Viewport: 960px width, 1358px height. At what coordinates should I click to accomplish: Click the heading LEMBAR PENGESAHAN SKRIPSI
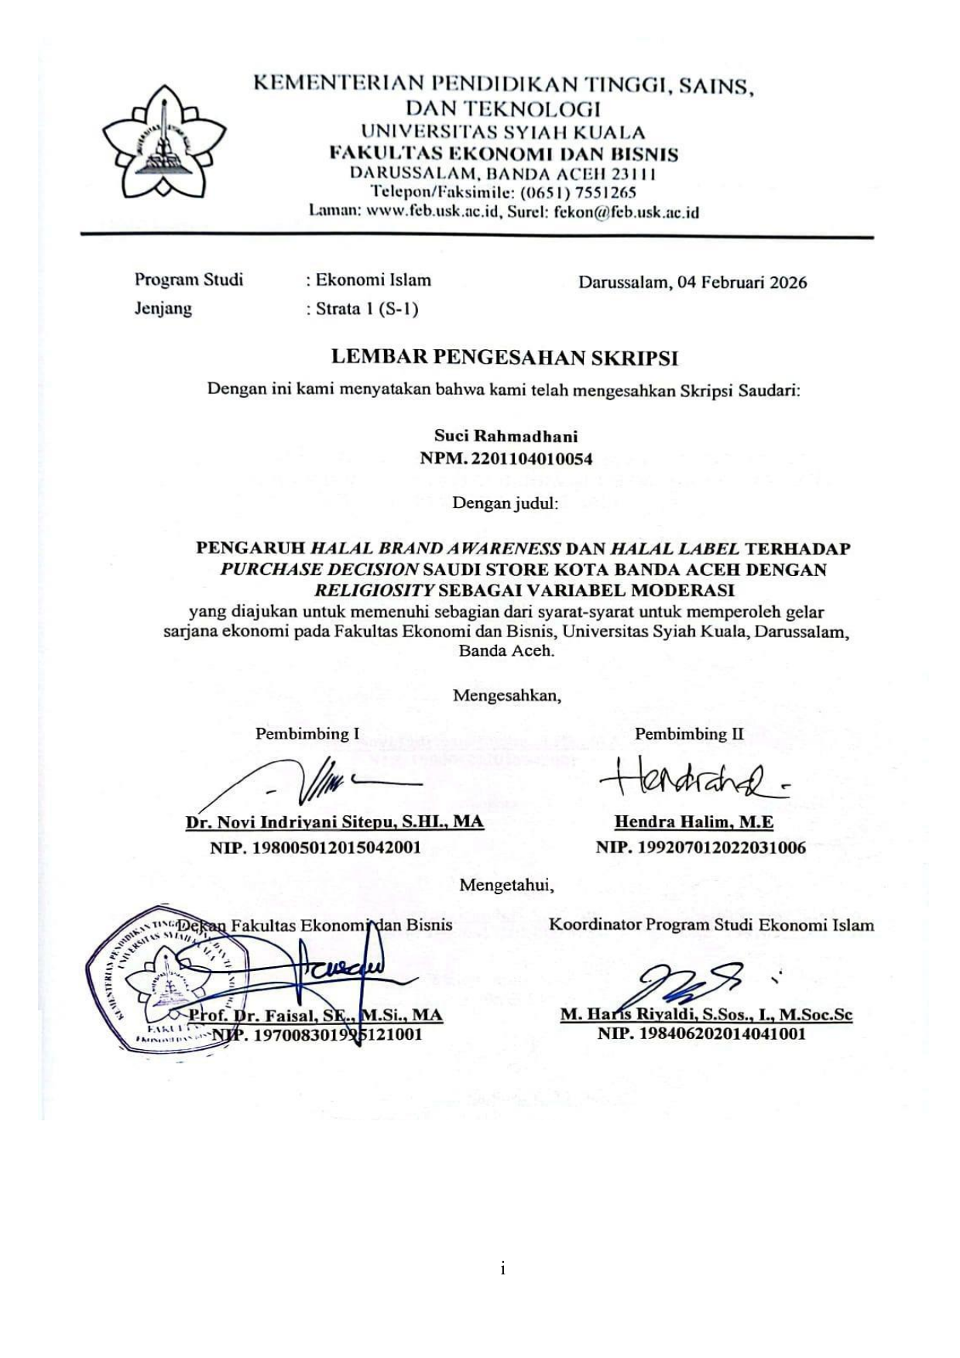[504, 358]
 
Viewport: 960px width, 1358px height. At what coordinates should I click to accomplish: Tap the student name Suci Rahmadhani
[506, 436]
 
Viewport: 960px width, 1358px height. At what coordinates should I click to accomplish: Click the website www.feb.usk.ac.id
[432, 211]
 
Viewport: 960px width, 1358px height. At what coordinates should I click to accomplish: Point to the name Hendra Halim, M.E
[694, 821]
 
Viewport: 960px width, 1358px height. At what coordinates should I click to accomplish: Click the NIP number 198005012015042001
[316, 847]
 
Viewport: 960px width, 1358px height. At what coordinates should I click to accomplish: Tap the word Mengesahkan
[507, 695]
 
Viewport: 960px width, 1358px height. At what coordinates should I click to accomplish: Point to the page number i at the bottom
[503, 1268]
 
